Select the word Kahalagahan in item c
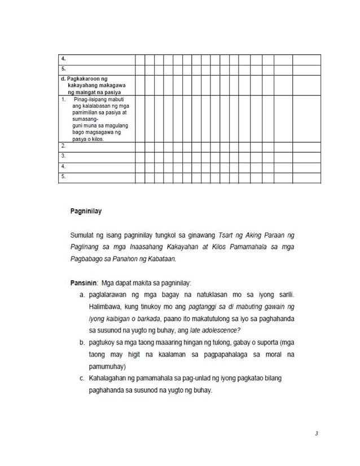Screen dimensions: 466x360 coord(111,379)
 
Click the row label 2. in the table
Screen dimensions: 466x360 coord(63,145)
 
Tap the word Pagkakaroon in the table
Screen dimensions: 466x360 coord(85,80)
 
